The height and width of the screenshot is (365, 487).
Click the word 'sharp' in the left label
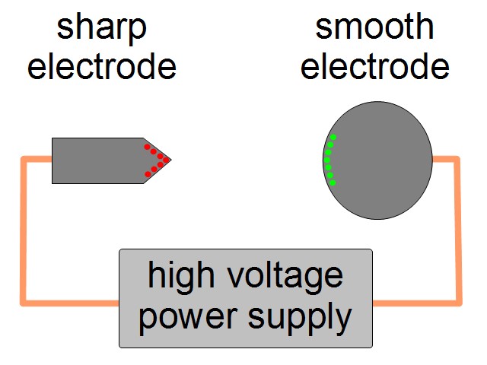pyautogui.click(x=102, y=29)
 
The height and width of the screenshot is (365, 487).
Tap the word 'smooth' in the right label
pyautogui.click(x=374, y=28)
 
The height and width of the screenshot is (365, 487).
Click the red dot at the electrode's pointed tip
pyautogui.click(x=165, y=160)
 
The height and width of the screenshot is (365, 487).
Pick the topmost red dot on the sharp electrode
pyautogui.click(x=148, y=146)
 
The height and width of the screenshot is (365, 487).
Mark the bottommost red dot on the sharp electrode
pyautogui.click(x=148, y=174)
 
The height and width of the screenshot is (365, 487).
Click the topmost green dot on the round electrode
pyautogui.click(x=333, y=138)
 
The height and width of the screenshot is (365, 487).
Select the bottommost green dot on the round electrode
pyautogui.click(x=333, y=182)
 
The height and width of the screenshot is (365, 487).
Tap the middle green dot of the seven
pyautogui.click(x=327, y=160)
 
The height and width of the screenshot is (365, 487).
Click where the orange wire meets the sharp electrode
pyautogui.click(x=52, y=159)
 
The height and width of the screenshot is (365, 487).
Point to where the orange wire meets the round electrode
pyautogui.click(x=432, y=159)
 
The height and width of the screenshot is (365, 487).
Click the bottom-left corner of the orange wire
pyautogui.click(x=24, y=303)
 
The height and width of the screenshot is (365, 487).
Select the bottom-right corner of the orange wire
pyautogui.click(x=458, y=303)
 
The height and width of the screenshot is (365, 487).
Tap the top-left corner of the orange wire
pyautogui.click(x=24, y=159)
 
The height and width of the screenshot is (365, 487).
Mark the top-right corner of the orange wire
pyautogui.click(x=458, y=159)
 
